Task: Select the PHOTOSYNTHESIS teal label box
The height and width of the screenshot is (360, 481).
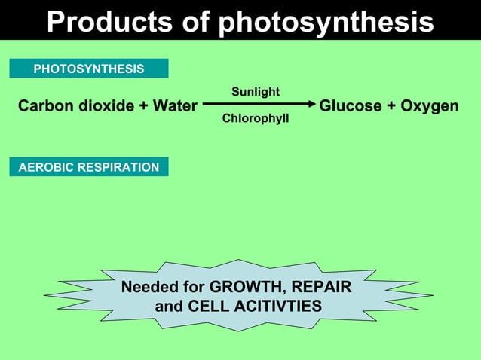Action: [89, 69]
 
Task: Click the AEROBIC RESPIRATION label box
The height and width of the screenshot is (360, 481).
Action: [89, 167]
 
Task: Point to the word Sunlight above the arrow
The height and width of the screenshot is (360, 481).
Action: [256, 92]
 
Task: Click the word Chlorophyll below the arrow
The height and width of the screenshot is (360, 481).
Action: [256, 119]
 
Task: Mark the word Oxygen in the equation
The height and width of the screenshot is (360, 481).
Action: [429, 106]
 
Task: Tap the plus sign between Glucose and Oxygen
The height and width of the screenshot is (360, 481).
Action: [391, 106]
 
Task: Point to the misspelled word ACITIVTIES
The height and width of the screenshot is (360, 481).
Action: [277, 307]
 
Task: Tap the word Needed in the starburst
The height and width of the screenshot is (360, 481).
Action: [149, 288]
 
